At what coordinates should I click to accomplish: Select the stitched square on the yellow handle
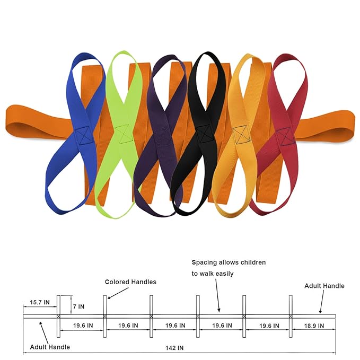pos(241,135)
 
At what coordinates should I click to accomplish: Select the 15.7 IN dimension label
pos(40,302)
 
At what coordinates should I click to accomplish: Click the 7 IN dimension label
pos(79,306)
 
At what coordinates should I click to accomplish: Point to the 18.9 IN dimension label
pos(314,326)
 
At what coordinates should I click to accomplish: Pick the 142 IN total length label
pos(174,348)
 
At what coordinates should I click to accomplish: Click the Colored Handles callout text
pos(130,282)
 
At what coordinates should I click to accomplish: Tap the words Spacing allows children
pos(229,262)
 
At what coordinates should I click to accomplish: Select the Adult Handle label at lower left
pos(50,347)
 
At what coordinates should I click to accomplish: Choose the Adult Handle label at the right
pos(324,286)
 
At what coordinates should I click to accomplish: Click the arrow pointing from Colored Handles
pos(118,293)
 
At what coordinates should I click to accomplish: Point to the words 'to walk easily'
pos(213,274)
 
